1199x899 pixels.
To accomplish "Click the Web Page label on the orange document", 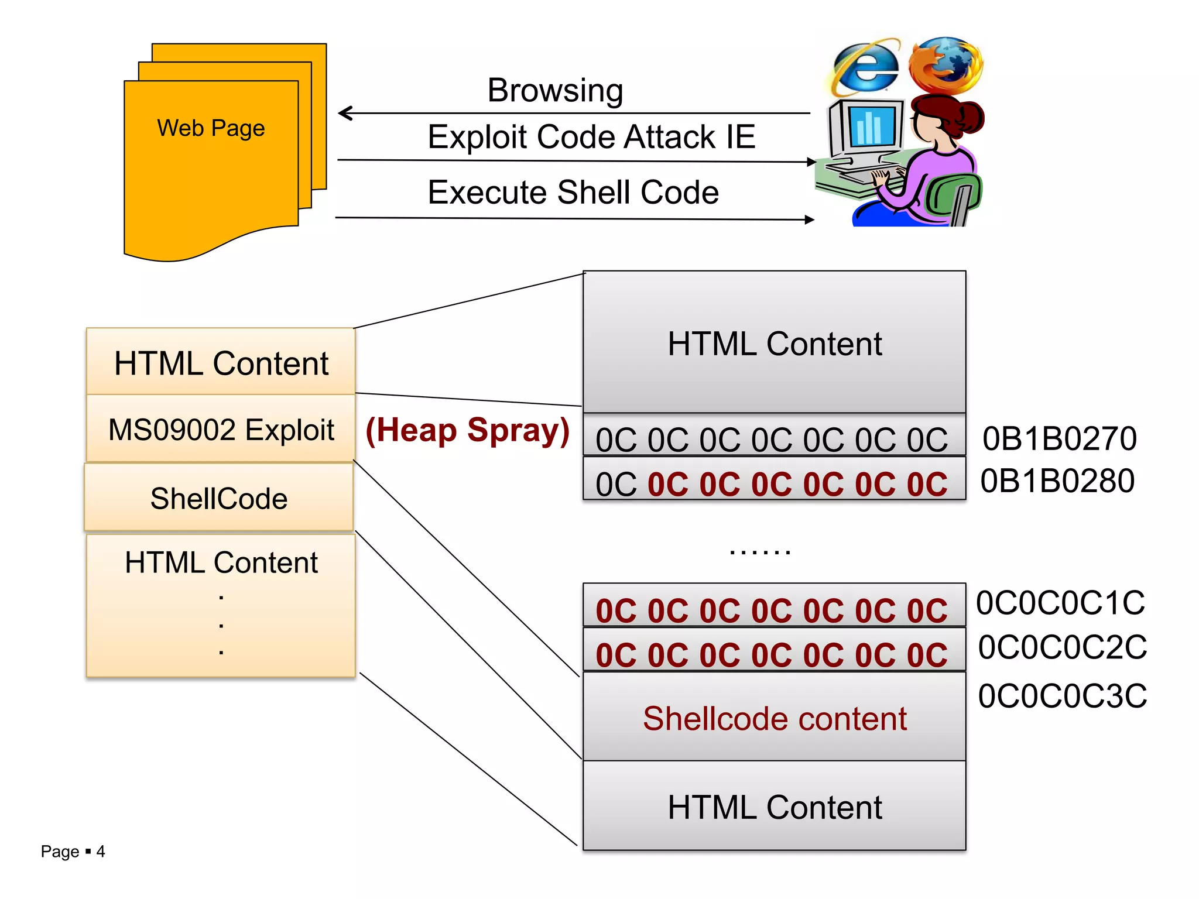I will coord(211,128).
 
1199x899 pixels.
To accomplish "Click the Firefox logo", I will coord(946,64).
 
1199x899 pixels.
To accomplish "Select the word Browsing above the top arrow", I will coord(555,91).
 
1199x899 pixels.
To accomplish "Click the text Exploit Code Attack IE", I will coord(591,137).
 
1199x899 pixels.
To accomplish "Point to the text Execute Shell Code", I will coord(573,193).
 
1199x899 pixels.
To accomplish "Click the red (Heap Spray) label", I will coord(467,431).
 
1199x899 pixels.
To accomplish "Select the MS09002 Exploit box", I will coord(221,429).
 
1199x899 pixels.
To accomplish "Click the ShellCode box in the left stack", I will coord(219,498).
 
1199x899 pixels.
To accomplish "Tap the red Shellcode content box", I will coord(774,718).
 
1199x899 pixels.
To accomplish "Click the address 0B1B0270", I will coord(1059,439).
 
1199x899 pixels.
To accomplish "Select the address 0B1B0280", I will coord(1057,481).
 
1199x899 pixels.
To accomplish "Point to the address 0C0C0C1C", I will coord(1060,603).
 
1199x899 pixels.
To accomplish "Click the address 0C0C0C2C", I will coord(1062,647).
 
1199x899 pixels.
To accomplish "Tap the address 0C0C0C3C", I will coord(1062,696).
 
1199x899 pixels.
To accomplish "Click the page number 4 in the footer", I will coord(101,852).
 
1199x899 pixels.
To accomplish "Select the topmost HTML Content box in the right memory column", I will coord(774,343).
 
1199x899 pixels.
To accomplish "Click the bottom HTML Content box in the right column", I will coord(774,807).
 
